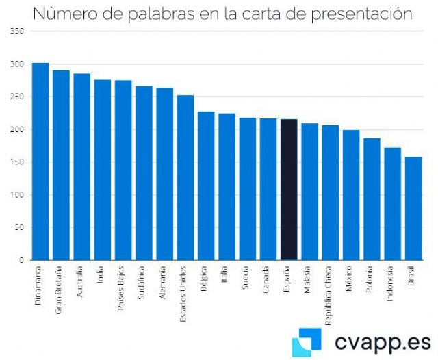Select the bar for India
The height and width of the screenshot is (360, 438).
(x=103, y=170)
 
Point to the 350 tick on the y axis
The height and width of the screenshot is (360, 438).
(x=18, y=31)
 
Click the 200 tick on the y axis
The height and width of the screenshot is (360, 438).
(x=18, y=129)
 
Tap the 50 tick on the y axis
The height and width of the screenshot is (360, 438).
(x=20, y=228)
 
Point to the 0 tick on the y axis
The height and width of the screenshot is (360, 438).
(x=22, y=260)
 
